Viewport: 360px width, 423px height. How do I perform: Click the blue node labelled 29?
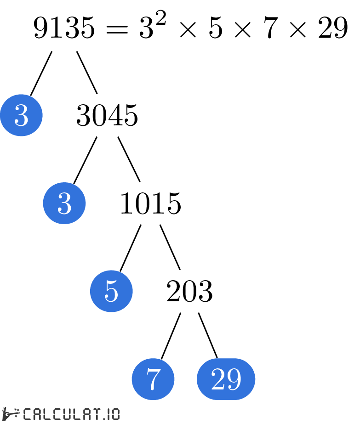(x=226, y=379)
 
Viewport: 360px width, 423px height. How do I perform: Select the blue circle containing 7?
(x=153, y=379)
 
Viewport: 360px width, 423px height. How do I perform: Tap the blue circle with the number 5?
(x=111, y=291)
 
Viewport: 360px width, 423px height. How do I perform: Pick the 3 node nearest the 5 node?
(x=64, y=203)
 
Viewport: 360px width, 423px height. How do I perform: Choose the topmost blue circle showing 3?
(x=21, y=115)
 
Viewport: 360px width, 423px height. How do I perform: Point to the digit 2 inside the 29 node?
(x=218, y=379)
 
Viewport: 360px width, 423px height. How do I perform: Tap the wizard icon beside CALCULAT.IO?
(x=10, y=414)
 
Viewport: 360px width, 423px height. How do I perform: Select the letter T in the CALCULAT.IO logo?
(x=94, y=414)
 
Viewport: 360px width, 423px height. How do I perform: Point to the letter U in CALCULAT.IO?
(x=66, y=414)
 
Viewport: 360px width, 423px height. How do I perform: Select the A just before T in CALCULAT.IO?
(x=85, y=414)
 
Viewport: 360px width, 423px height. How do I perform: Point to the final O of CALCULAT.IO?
(x=115, y=414)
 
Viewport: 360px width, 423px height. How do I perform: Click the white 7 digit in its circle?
(x=153, y=379)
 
